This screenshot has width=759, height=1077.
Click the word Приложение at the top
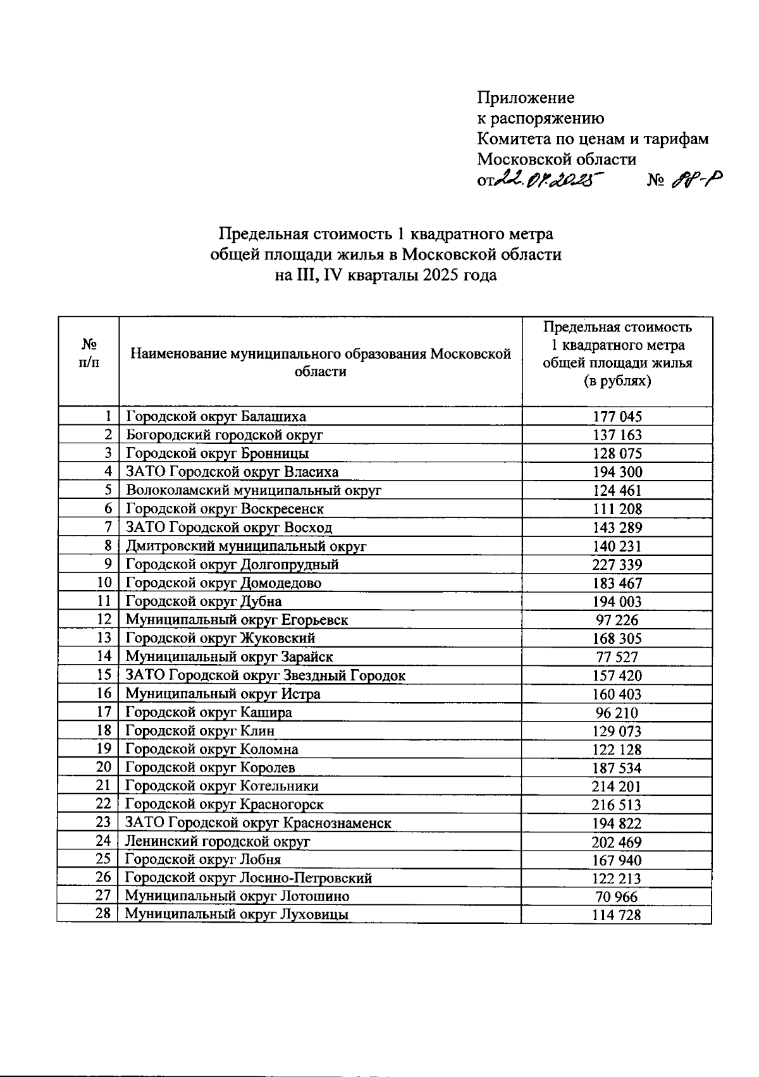coord(526,97)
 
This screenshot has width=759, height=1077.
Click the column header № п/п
coord(89,353)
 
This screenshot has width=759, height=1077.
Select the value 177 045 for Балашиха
coord(617,417)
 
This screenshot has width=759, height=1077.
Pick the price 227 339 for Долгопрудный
coord(617,565)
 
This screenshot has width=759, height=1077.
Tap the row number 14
coord(104,656)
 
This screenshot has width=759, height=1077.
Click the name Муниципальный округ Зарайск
coord(229,657)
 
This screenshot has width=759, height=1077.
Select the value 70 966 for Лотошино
coord(617,897)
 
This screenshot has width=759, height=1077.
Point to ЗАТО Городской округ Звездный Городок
coord(265,675)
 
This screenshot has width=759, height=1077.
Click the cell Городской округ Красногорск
coord(225,804)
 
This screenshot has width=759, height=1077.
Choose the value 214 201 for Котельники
coord(617,787)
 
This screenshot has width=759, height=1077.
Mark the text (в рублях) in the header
coord(617,381)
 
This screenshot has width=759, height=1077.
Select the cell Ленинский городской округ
coord(218,842)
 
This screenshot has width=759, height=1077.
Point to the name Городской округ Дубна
coord(204,601)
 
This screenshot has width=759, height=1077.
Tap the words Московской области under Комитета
coord(557,159)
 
